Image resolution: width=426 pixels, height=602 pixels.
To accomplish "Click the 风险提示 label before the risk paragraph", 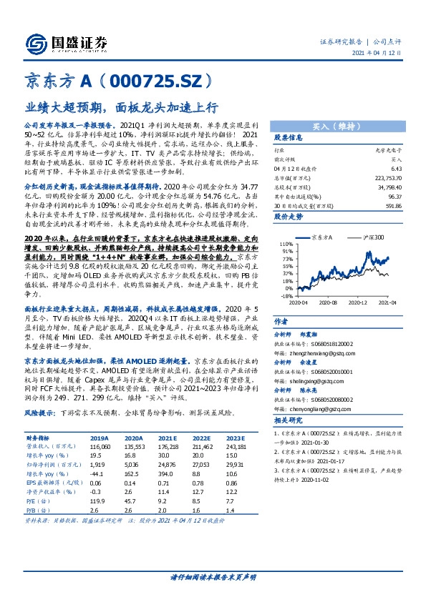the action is pos(39,393).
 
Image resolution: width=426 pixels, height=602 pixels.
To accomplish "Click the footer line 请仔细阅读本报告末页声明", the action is pos(213,576).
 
